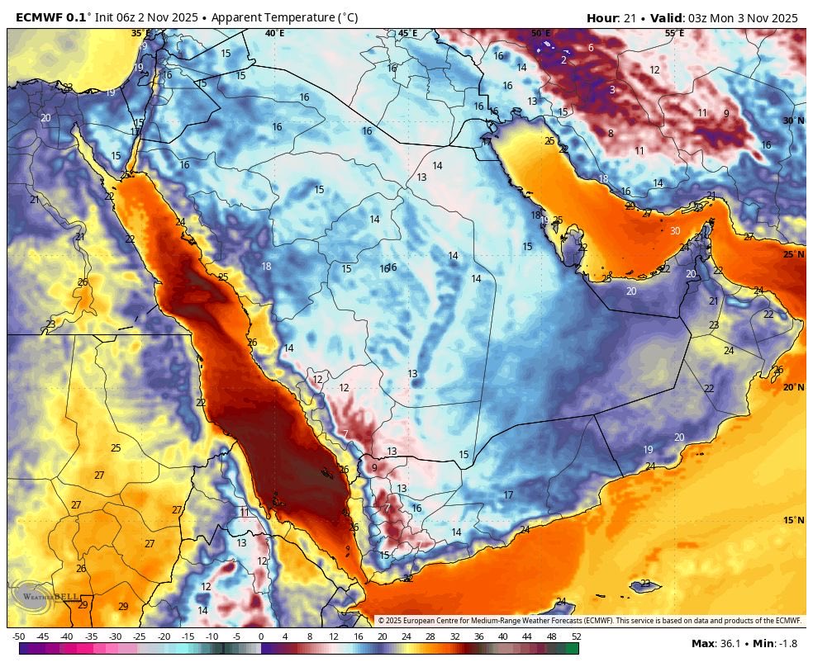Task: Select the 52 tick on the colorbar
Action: click(576, 636)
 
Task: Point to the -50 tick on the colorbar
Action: click(18, 636)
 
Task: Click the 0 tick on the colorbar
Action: click(260, 636)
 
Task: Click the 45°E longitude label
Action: click(407, 33)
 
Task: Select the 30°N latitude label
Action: click(793, 121)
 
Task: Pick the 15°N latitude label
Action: click(793, 520)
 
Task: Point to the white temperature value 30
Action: click(675, 231)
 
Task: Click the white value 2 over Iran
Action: click(563, 59)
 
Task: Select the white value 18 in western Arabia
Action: click(266, 267)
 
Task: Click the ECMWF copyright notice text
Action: click(589, 620)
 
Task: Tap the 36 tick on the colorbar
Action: click(478, 636)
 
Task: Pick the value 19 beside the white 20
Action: click(648, 450)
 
